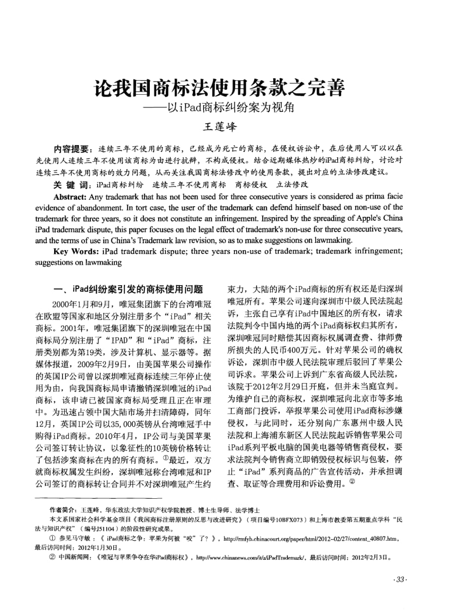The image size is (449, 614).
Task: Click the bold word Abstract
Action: pos(69,197)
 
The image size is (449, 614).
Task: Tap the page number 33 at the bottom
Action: pos(400,579)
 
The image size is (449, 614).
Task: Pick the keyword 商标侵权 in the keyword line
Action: pos(251,185)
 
